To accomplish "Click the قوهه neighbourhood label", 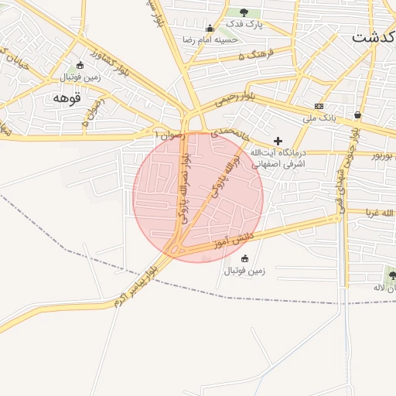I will pyautogui.click(x=67, y=98).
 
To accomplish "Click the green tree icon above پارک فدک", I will pyautogui.click(x=244, y=12).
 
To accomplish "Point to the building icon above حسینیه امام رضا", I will pyautogui.click(x=210, y=28).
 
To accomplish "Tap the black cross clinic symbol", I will pyautogui.click(x=278, y=140).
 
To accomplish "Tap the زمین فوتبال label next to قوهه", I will pyautogui.click(x=80, y=77).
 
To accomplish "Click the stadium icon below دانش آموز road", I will pyautogui.click(x=245, y=258).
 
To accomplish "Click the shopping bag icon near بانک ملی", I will pyautogui.click(x=357, y=115).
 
